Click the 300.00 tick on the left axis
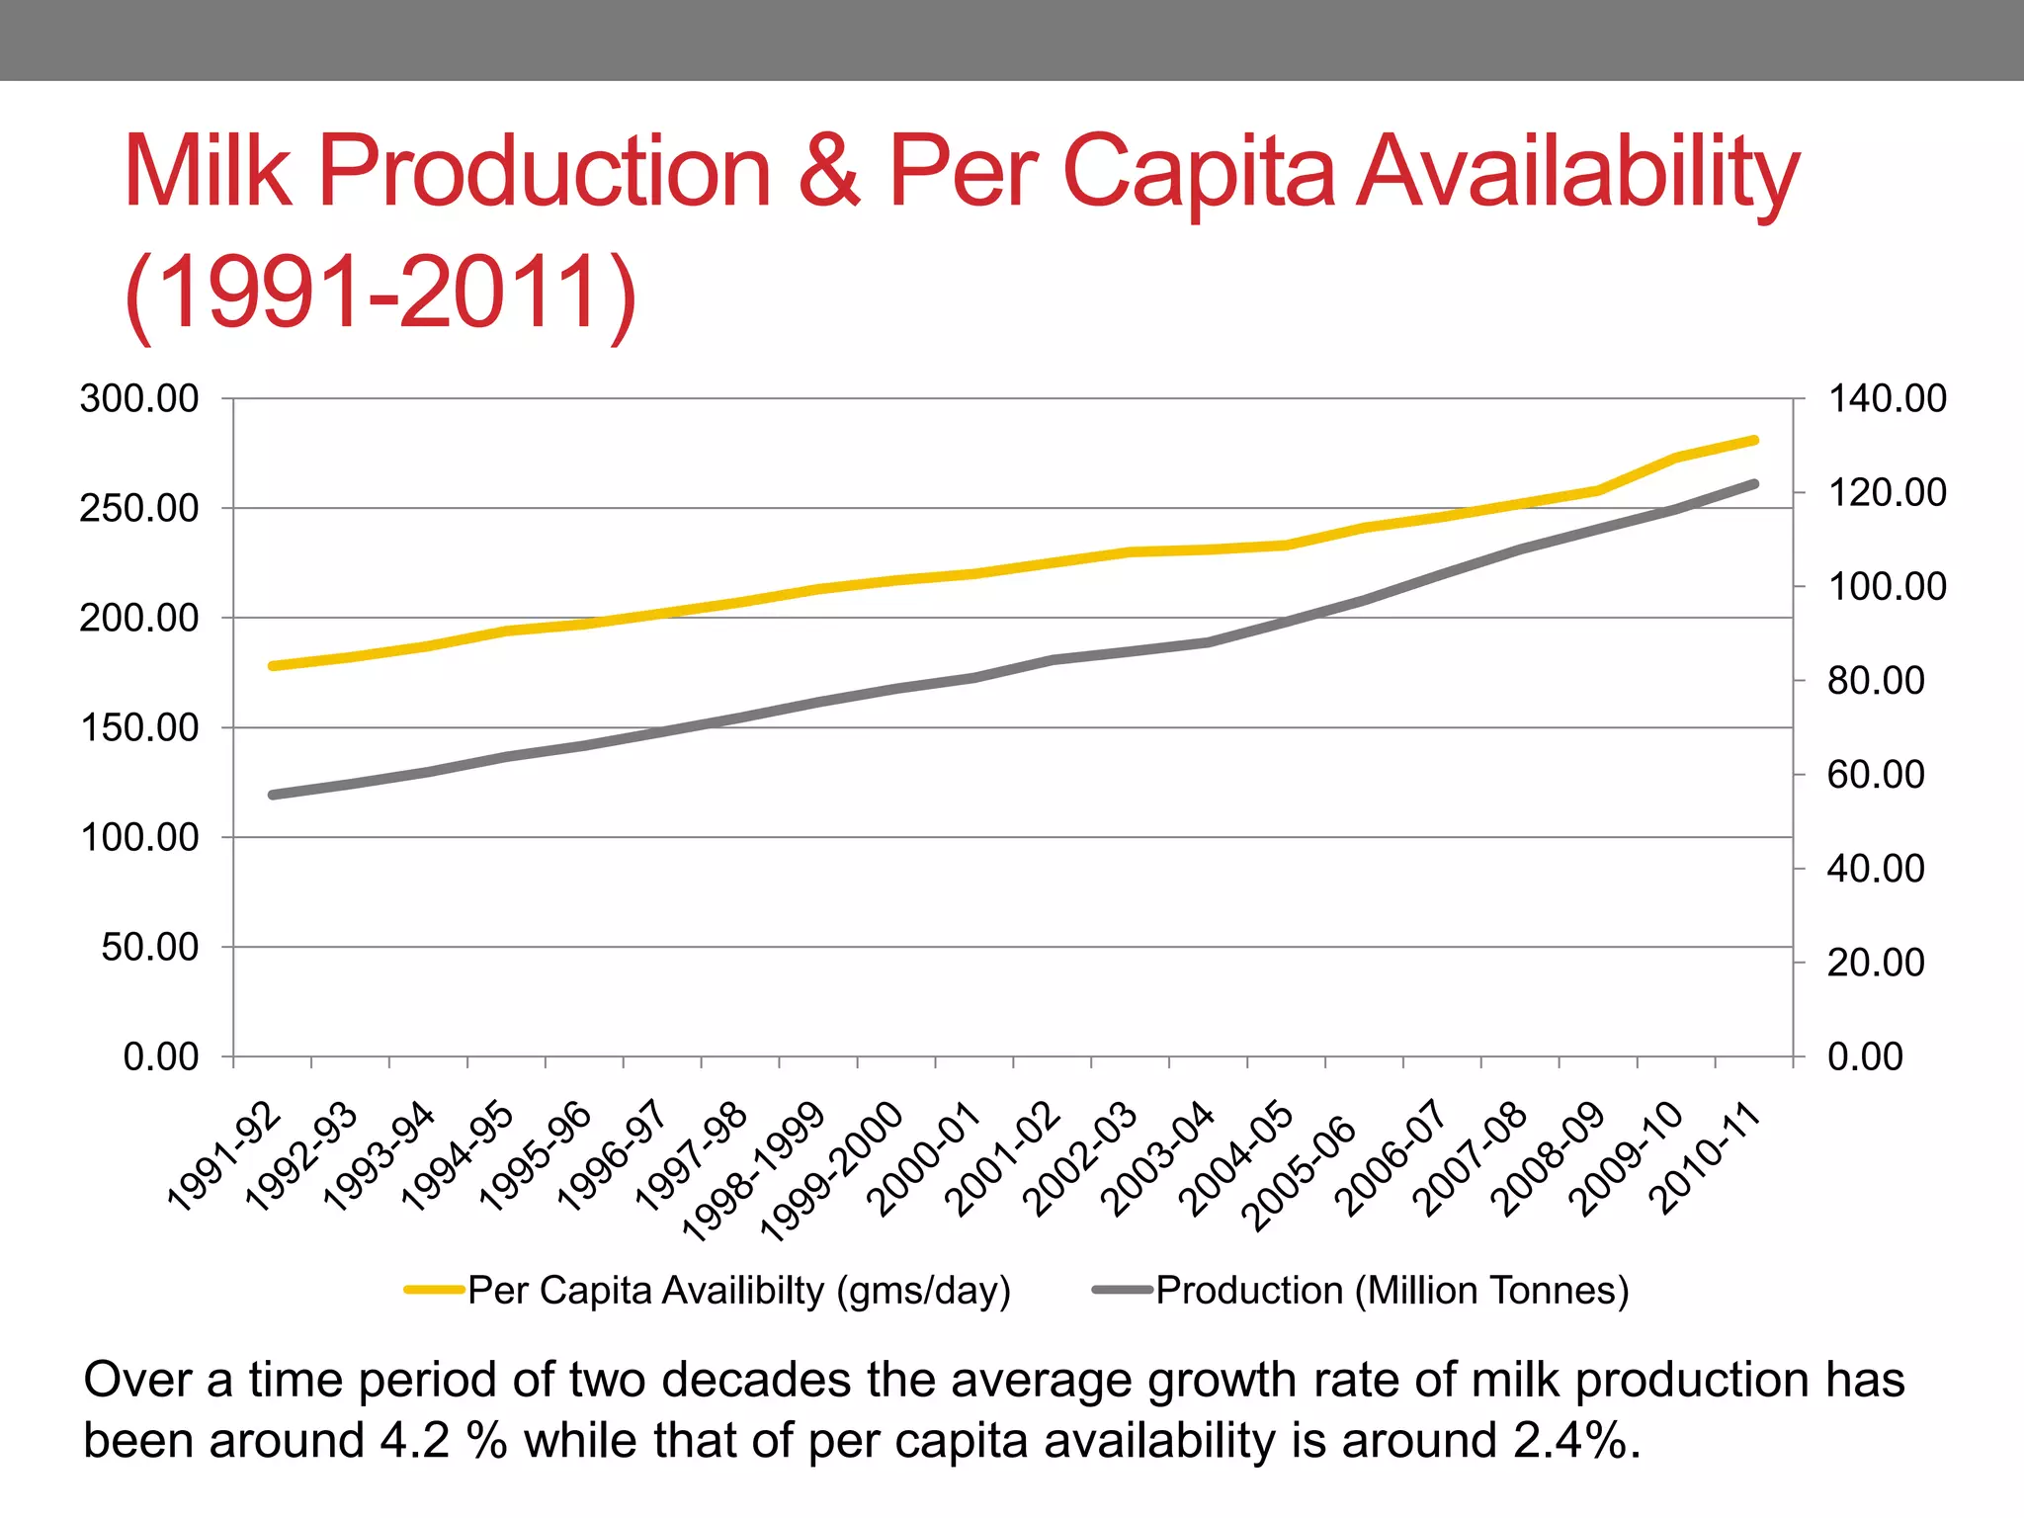[x=139, y=399]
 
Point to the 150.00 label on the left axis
[x=139, y=728]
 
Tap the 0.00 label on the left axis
[x=160, y=1056]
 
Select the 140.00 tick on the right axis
[x=1886, y=399]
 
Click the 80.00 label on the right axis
[x=1875, y=681]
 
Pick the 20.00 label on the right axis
[x=1875, y=963]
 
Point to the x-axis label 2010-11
[x=1706, y=1158]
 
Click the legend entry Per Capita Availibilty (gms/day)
[x=738, y=1291]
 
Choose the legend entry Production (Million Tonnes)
[x=1391, y=1291]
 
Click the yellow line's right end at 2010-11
[x=1754, y=441]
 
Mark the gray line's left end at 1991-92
[x=273, y=795]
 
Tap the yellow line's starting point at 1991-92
[x=273, y=666]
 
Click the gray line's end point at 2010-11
[x=1754, y=484]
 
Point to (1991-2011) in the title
[x=380, y=293]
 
